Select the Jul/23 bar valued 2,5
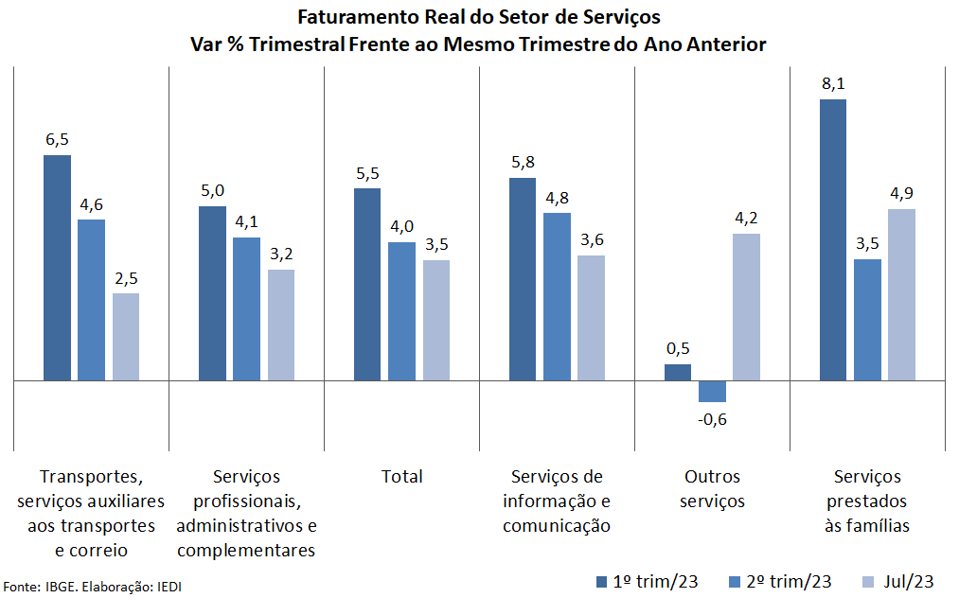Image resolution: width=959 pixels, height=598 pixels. click(x=126, y=337)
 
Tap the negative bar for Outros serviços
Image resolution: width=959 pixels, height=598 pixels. click(x=712, y=391)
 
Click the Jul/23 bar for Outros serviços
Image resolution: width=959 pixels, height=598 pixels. click(x=746, y=307)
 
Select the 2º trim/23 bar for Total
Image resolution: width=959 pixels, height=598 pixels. click(x=401, y=311)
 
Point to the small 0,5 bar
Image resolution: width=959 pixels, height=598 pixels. click(x=678, y=372)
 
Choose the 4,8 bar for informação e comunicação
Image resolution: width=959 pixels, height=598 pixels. click(x=557, y=296)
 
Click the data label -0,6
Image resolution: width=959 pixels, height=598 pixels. click(x=712, y=419)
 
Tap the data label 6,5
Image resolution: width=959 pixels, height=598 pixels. click(x=57, y=139)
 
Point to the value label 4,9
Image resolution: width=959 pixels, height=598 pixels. click(x=901, y=194)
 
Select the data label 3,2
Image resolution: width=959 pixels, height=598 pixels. click(x=281, y=254)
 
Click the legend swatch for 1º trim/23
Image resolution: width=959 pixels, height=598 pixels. click(x=602, y=581)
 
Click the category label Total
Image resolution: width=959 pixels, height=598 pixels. click(x=401, y=476)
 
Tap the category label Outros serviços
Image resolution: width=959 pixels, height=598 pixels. click(x=712, y=488)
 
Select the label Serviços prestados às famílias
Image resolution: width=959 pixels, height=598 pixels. click(x=867, y=501)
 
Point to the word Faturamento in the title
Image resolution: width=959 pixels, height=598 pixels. click(x=354, y=17)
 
